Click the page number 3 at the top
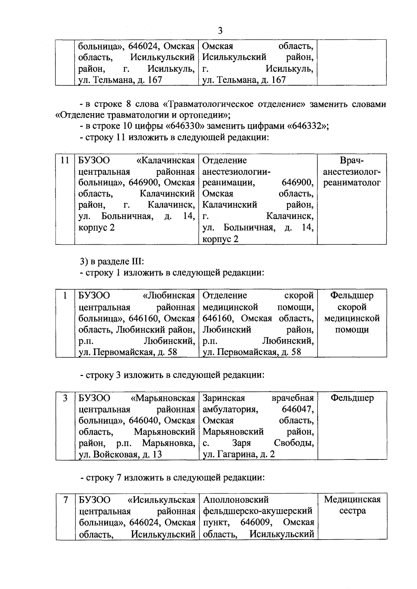point(220,31)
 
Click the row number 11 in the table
point(65,160)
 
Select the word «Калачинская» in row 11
point(166,160)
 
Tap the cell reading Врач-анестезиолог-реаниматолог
point(352,172)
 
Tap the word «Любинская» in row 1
point(169,296)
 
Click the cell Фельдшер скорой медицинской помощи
point(352,312)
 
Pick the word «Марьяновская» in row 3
point(163,398)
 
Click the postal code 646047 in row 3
point(297,409)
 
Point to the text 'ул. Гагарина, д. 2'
point(238,454)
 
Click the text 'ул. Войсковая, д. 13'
point(120,454)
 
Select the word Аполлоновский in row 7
point(236,500)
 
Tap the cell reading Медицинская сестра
point(352,505)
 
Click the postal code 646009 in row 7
point(256,523)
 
